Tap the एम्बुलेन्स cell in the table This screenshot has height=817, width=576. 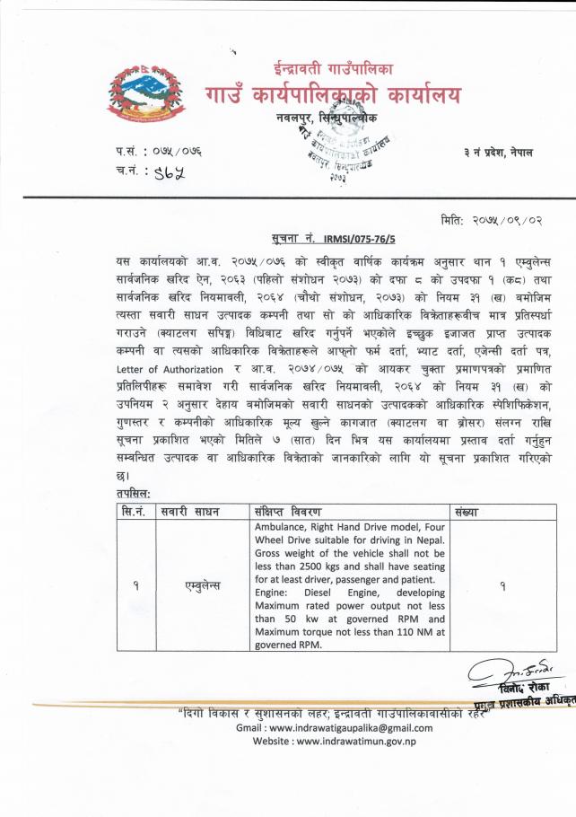coord(201,584)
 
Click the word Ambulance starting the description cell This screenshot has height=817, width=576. coord(283,526)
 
